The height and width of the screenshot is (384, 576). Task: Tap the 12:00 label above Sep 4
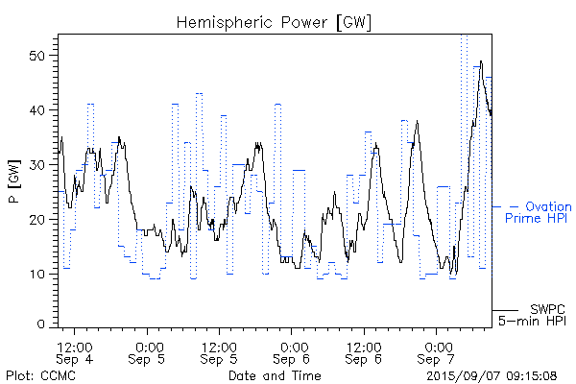point(75,346)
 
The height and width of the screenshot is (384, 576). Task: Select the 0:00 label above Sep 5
point(148,346)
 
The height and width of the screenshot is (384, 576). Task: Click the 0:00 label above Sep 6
point(293,346)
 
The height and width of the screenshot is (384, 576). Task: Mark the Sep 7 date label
point(438,359)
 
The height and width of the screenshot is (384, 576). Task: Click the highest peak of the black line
point(481,61)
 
